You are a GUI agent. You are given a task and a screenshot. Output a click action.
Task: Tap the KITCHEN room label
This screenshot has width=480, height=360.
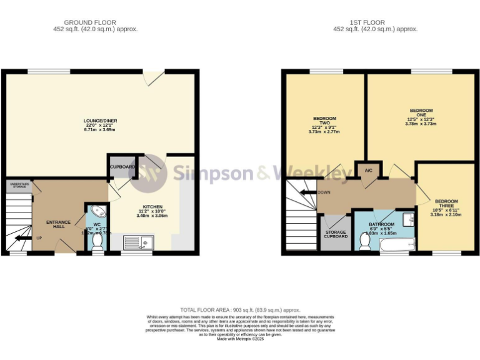coord(153,207)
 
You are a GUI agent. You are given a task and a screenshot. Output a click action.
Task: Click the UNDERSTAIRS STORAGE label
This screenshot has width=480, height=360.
coord(19,184)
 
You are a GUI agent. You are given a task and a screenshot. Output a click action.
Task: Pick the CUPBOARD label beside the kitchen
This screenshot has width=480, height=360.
coord(122,167)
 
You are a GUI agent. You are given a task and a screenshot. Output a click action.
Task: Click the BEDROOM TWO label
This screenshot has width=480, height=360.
coord(324,122)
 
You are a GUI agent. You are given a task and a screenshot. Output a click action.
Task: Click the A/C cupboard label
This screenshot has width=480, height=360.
coord(368,169)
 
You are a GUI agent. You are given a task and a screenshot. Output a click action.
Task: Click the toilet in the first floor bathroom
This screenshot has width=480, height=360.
coord(365,241)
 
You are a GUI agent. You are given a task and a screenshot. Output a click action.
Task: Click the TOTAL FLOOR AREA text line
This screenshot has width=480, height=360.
coord(240,310)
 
